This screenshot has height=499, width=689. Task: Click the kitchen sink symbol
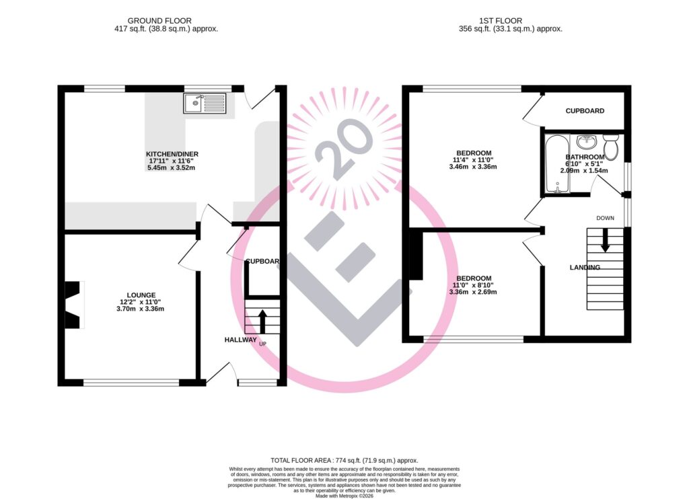(x=205, y=104)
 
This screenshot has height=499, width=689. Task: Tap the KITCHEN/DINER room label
(x=174, y=154)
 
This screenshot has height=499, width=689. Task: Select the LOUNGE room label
(x=141, y=295)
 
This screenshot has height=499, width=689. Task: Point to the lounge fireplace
(x=73, y=305)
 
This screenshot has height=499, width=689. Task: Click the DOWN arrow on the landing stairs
(x=605, y=240)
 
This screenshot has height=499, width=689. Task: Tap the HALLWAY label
(x=241, y=340)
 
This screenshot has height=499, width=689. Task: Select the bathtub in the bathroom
(x=556, y=164)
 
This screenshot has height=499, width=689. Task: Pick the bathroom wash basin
(x=587, y=142)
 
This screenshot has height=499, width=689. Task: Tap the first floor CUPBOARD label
(x=584, y=111)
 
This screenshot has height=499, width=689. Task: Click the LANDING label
(x=585, y=268)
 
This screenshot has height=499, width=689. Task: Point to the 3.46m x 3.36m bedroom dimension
(x=474, y=167)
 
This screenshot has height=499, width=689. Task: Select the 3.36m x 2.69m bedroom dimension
(x=474, y=292)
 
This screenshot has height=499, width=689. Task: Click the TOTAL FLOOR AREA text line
(x=344, y=459)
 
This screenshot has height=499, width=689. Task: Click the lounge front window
(x=131, y=383)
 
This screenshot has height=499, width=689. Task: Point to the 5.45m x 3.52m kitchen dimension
(x=174, y=167)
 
